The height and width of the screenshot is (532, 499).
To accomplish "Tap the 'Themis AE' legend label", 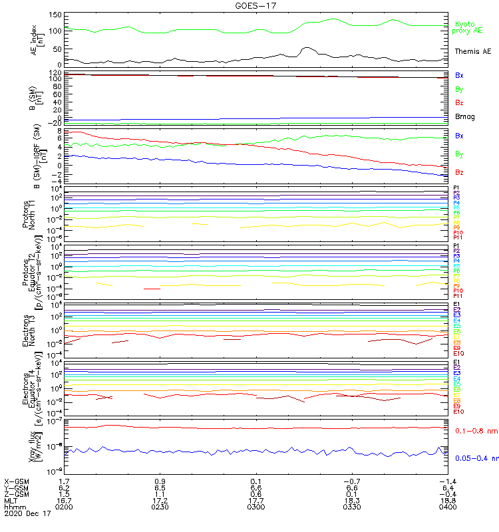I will (x=473, y=51).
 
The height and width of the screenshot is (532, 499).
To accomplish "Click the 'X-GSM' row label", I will (x=17, y=480).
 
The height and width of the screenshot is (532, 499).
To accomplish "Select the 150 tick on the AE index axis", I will (x=56, y=15).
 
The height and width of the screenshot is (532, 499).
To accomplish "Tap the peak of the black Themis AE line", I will (x=306, y=48).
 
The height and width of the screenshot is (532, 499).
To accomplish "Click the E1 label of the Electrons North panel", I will (x=457, y=305).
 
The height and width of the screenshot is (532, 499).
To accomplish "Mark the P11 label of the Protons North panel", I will (x=458, y=237).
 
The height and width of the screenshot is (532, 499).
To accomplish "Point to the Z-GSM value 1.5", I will (x=65, y=493).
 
